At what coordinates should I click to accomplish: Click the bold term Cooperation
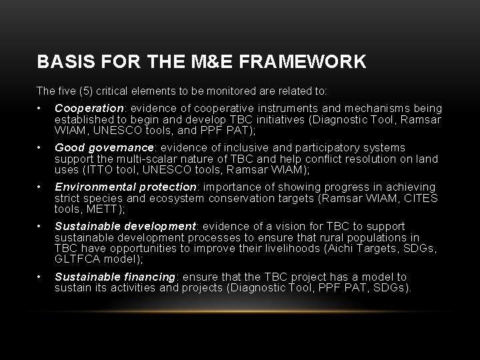89,108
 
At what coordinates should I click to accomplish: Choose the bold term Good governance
103,147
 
